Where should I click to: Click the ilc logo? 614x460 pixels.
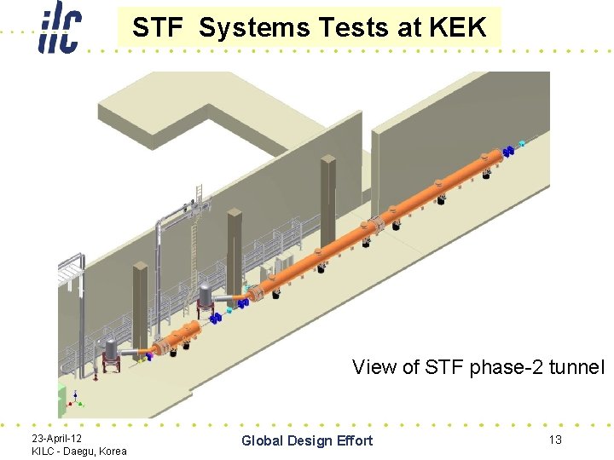coord(60,28)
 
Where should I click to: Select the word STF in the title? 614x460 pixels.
coord(159,28)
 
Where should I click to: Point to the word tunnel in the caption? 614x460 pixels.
coord(576,367)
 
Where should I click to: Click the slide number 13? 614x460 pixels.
coord(554,439)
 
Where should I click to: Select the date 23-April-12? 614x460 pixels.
coord(57,437)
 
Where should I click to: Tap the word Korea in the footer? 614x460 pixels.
coord(111,451)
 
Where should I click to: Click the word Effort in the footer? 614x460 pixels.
coord(355,440)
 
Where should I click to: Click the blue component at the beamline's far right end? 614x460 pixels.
coord(508,152)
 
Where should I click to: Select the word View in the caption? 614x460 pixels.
coord(374,367)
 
